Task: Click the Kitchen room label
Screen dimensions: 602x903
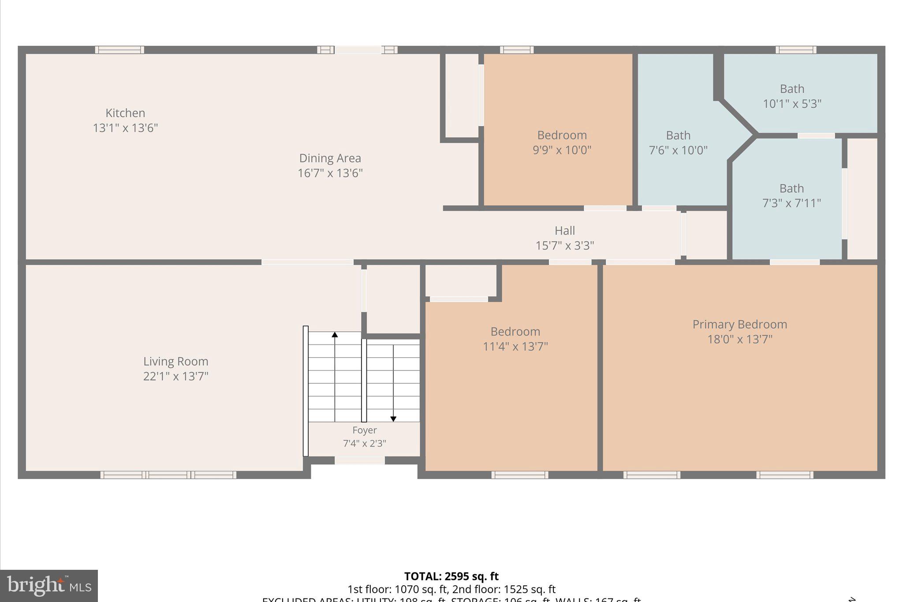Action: coord(125,113)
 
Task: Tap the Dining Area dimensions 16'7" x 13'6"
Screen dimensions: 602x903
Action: coord(330,173)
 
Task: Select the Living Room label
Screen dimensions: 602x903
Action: coord(175,361)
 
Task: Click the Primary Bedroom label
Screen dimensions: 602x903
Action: coord(739,324)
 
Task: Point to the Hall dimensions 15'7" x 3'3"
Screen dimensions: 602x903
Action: coord(564,245)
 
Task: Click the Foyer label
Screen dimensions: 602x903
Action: coord(364,430)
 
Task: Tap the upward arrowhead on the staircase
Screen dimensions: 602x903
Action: coord(335,335)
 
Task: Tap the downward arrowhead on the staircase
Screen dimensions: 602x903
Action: coord(393,419)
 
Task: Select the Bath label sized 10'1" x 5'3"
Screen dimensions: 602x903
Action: coord(792,89)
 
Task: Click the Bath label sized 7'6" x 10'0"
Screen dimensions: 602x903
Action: coord(678,135)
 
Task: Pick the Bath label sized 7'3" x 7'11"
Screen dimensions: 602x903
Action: coord(791,188)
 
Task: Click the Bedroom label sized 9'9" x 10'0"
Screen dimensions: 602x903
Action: coord(562,135)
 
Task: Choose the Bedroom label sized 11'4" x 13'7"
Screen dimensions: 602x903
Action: coord(515,331)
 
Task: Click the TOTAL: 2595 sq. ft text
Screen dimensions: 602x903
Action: coord(451,576)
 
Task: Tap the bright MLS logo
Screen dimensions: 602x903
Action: coord(49,585)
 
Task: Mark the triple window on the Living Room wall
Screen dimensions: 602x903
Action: coord(168,475)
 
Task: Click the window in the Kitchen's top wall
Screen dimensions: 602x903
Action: coord(119,50)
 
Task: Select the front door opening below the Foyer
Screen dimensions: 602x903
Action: coord(359,460)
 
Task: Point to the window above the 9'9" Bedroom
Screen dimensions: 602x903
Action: coord(516,50)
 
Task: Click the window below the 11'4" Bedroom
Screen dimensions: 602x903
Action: coord(520,475)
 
